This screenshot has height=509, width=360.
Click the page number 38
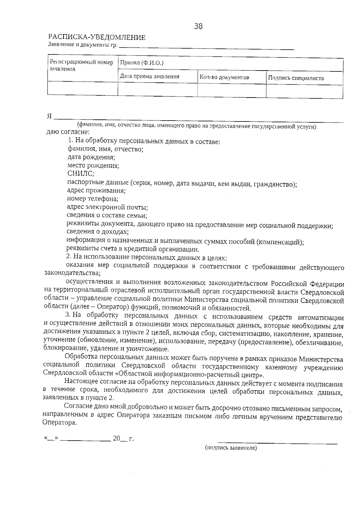(x=198, y=26)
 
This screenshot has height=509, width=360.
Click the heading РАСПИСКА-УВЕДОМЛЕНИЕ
(x=97, y=37)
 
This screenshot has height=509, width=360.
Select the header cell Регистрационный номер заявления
(x=81, y=65)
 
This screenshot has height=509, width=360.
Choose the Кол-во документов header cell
(x=224, y=77)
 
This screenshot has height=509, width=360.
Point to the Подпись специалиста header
(x=296, y=78)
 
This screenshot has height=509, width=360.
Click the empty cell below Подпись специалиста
(x=304, y=91)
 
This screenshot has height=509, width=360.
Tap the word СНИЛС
(x=81, y=173)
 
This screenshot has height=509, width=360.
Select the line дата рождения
(x=91, y=157)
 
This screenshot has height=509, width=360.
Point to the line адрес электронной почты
(x=107, y=207)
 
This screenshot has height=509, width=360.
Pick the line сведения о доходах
(x=97, y=232)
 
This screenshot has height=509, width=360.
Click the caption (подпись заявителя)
(x=231, y=448)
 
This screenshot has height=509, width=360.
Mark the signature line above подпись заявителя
(x=277, y=443)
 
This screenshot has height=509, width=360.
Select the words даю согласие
(x=68, y=132)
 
